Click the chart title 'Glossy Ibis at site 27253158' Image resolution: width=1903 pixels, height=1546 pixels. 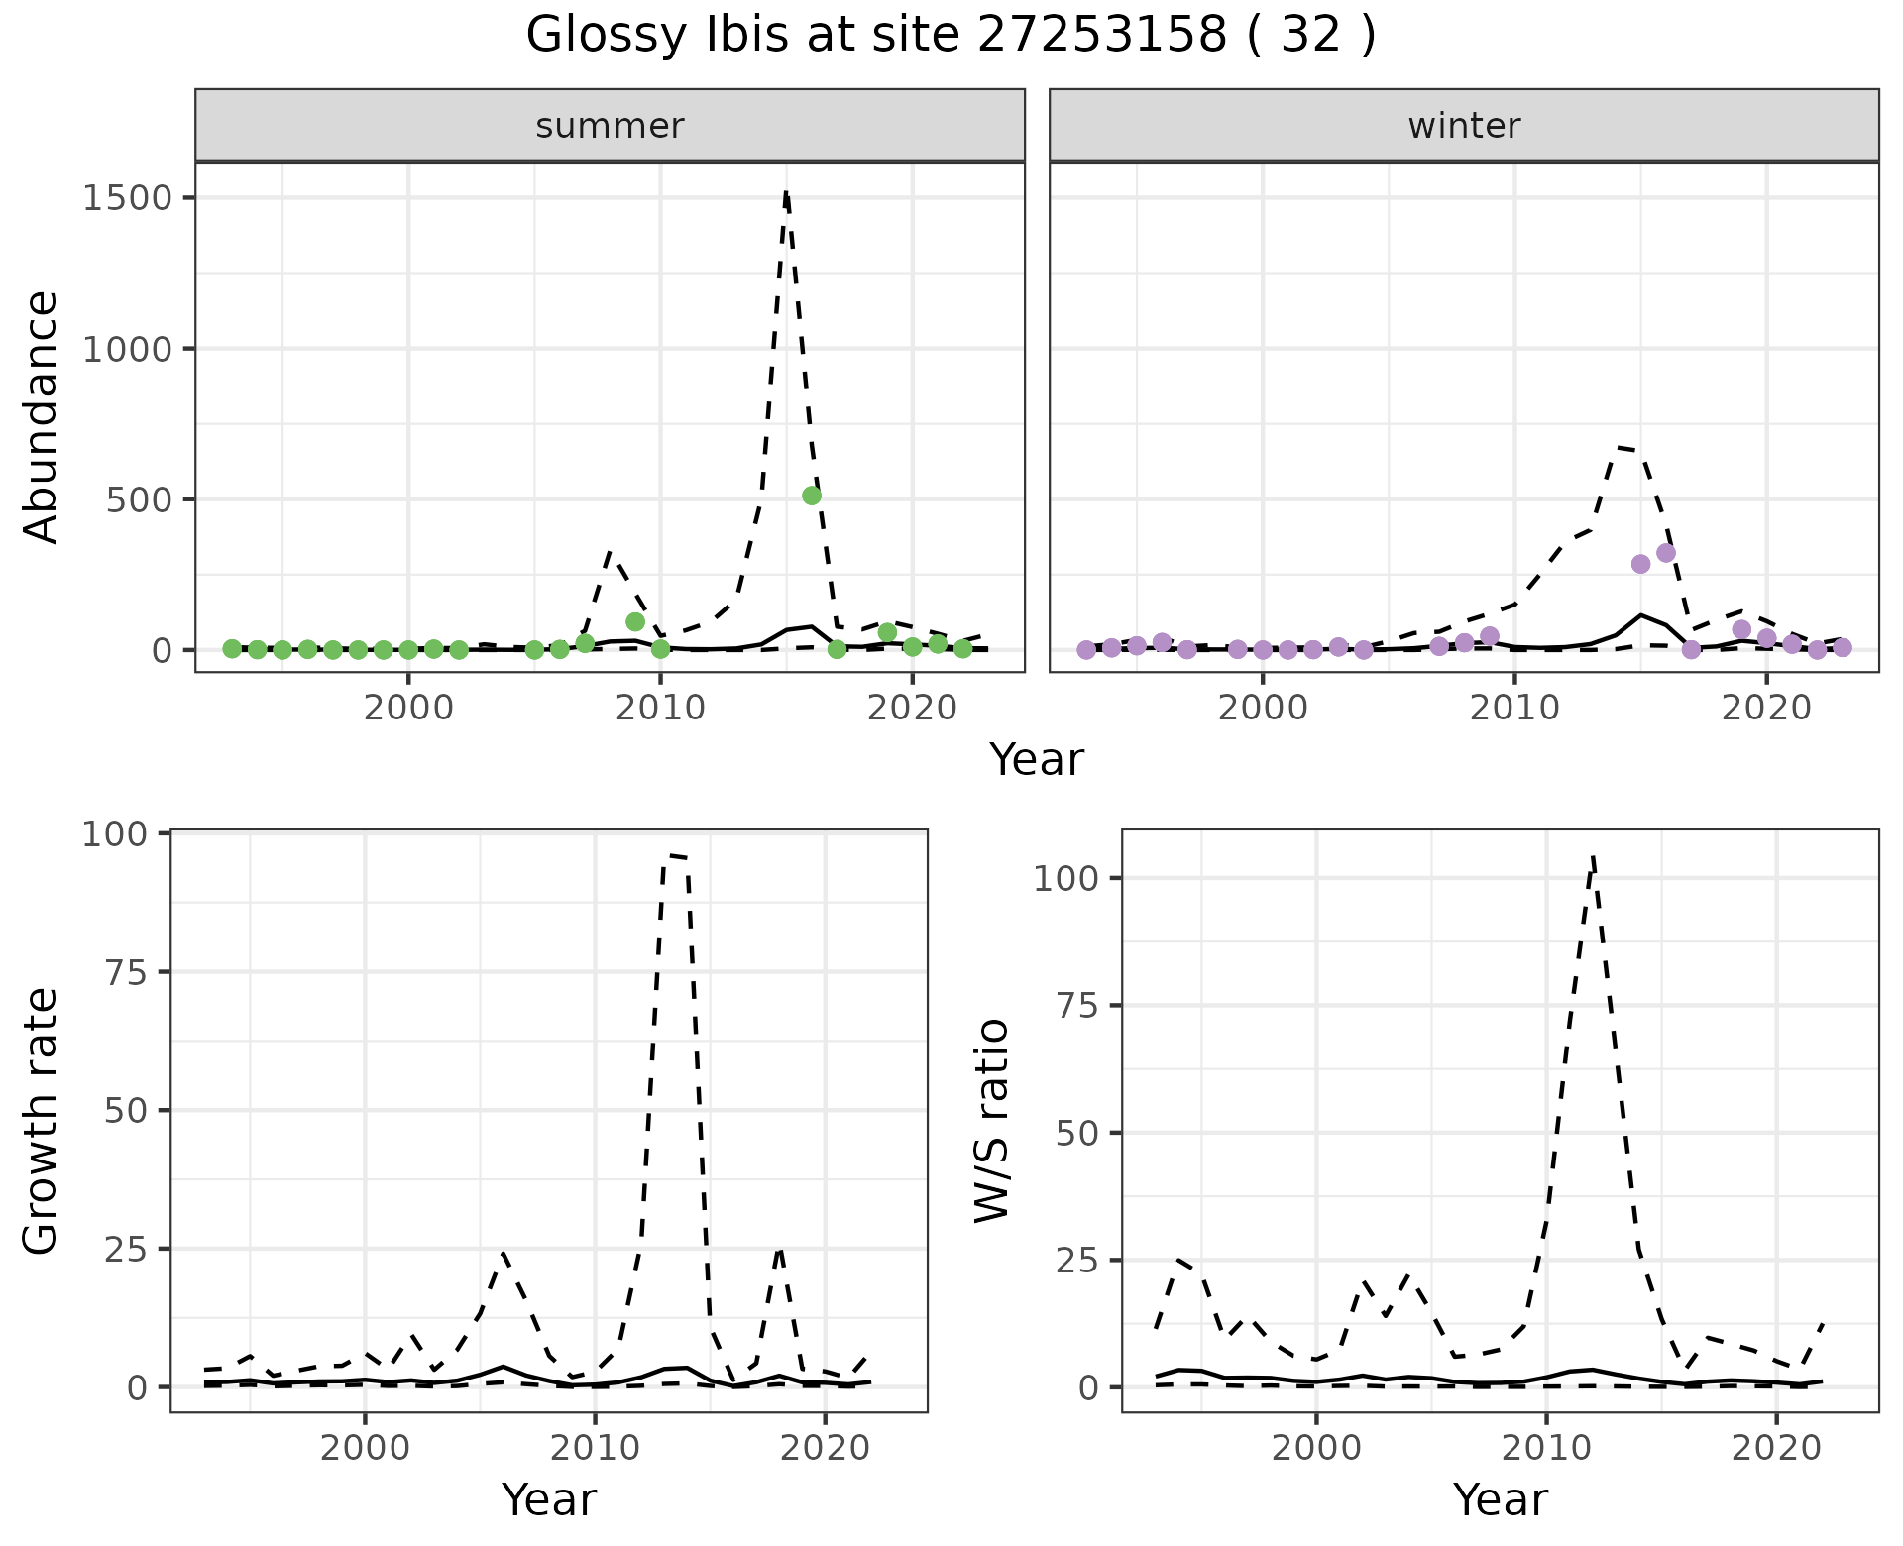click(x=950, y=36)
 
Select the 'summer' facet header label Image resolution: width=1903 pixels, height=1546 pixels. click(x=610, y=126)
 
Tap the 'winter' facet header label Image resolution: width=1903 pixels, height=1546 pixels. click(x=1464, y=126)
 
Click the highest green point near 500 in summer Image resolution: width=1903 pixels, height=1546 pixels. click(x=812, y=496)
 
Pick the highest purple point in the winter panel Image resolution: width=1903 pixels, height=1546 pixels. click(x=1666, y=553)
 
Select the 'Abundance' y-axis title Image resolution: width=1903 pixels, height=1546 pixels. click(x=42, y=416)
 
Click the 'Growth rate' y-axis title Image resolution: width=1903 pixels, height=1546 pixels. click(x=42, y=1121)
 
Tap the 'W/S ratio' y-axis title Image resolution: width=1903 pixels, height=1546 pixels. click(x=991, y=1121)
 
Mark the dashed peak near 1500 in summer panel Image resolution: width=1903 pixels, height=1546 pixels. click(x=786, y=193)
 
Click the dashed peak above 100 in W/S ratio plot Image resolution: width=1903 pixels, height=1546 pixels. click(x=1593, y=857)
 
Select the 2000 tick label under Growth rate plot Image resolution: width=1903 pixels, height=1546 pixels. click(x=365, y=1448)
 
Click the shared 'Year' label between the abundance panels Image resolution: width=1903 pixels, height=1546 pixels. click(x=1037, y=760)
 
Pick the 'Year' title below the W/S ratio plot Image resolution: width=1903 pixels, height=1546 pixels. click(x=1500, y=1499)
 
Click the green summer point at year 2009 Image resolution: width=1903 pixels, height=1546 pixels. click(x=635, y=622)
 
